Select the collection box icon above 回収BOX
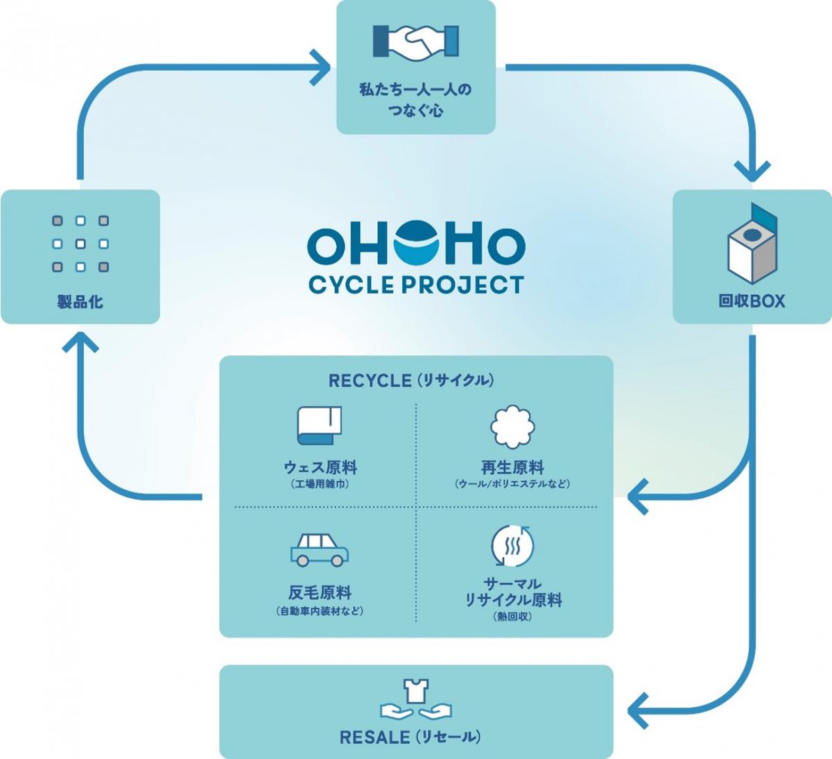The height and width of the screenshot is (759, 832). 752,243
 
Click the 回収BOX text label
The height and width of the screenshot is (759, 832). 752,301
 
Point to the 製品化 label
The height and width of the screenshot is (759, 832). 80,302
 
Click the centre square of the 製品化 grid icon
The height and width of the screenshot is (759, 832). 80,244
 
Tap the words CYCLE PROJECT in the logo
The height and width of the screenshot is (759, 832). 416,284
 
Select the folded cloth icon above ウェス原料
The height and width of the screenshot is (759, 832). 320,425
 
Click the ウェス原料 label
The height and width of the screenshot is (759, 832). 320,468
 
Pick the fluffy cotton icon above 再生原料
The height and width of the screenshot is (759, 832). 512,426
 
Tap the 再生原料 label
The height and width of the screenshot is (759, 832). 512,468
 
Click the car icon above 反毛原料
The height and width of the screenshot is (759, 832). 319,549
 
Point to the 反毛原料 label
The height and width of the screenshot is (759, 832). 320,592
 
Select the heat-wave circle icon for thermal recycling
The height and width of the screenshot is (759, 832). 512,547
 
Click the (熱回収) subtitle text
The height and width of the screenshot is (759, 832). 512,616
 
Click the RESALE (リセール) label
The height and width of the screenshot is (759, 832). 410,737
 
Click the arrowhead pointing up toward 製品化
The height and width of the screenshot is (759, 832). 80,343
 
